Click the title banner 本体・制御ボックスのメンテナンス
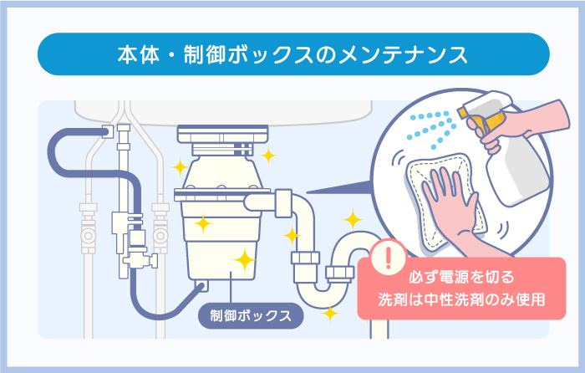(x=292, y=55)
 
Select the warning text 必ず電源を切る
(x=455, y=277)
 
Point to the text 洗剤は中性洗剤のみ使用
(x=460, y=299)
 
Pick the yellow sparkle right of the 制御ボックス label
(x=330, y=314)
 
